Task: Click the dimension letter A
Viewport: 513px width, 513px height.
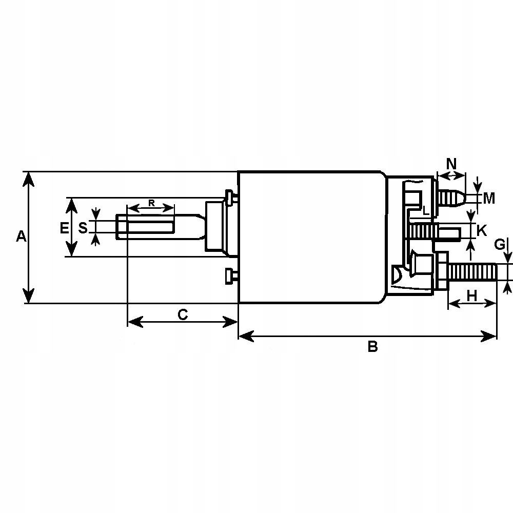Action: (x=21, y=236)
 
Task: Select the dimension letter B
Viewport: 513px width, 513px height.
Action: (x=373, y=347)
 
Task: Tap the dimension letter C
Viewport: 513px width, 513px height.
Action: (x=183, y=314)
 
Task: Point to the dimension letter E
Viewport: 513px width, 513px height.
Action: (x=64, y=228)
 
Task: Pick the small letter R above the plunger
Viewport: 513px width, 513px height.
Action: (x=151, y=203)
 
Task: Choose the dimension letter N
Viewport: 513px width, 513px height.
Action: (x=451, y=164)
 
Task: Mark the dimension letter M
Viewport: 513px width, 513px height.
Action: (x=489, y=198)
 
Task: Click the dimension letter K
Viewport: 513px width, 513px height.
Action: (x=481, y=231)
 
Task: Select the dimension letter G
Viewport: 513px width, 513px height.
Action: (x=500, y=245)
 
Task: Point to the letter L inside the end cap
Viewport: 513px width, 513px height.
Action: (x=425, y=210)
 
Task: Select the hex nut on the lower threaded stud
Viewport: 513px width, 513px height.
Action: (x=441, y=271)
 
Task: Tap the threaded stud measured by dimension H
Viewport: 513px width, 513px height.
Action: (x=472, y=271)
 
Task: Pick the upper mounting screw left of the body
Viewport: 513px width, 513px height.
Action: (x=229, y=196)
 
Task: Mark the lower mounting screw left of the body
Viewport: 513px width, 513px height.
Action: (x=229, y=275)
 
